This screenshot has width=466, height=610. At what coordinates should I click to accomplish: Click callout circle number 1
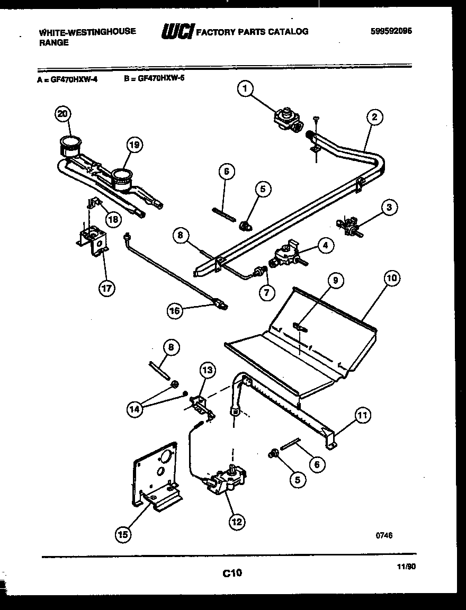(244, 89)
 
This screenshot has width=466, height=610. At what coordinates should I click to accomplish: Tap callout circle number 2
(374, 118)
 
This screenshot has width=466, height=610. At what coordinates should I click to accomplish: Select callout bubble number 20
(63, 113)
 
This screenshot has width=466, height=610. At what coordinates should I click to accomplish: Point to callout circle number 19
(135, 146)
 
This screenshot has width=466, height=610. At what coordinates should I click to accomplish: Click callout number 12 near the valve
(237, 522)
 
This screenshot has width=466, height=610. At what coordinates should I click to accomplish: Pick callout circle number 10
(391, 277)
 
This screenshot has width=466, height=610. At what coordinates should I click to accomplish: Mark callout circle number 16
(175, 311)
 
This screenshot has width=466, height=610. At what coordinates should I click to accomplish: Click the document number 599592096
(391, 31)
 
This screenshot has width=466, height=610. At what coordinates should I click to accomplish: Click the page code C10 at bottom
(231, 572)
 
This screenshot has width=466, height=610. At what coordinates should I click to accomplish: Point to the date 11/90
(407, 566)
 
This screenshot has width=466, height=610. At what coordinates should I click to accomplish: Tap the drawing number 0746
(384, 535)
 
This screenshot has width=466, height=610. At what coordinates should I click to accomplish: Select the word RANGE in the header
(53, 43)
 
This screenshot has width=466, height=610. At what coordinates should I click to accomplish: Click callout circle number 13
(208, 371)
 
